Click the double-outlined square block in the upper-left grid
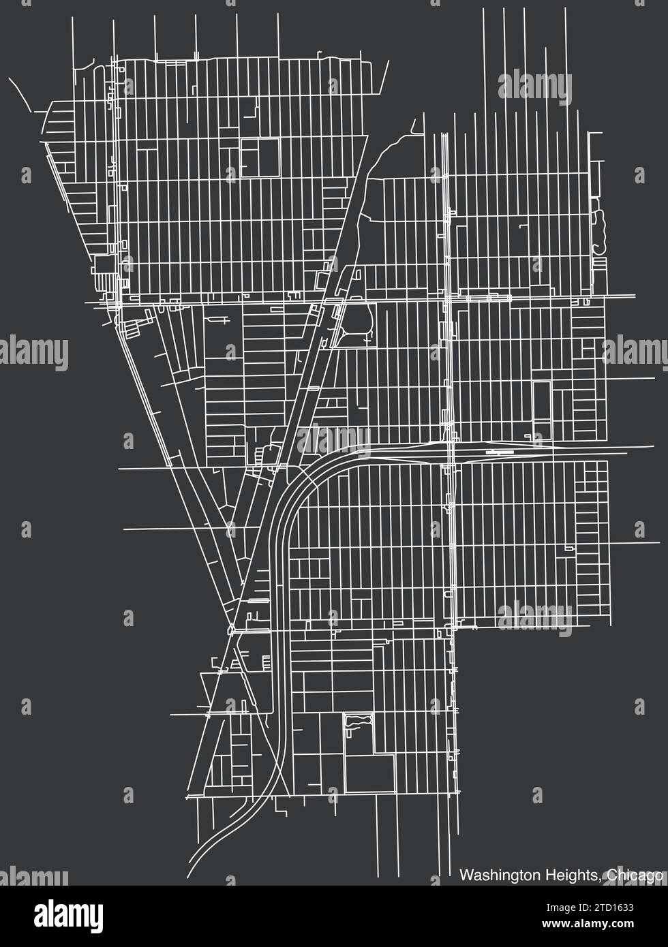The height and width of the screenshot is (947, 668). tap(260, 157)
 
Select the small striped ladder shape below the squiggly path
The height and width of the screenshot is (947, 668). tap(599, 264)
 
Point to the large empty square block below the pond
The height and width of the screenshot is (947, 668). tap(369, 774)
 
